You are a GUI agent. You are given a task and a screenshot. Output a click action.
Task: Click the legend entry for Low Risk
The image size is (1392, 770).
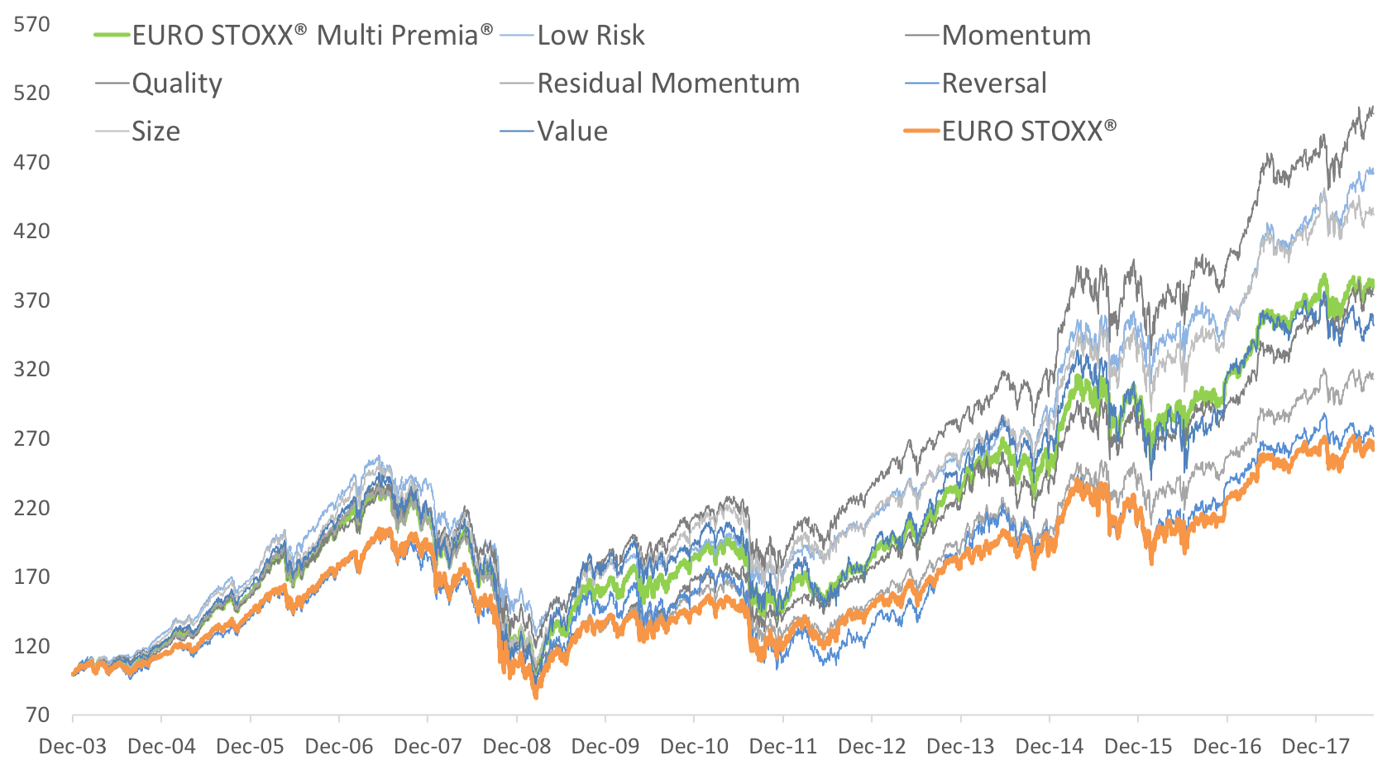pos(591,36)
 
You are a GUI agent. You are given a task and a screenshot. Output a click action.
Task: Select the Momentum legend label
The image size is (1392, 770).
pos(1016,36)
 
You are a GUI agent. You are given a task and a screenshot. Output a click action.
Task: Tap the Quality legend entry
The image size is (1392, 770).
pos(177,84)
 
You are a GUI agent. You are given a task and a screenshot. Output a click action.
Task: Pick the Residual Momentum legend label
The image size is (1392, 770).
pos(668,84)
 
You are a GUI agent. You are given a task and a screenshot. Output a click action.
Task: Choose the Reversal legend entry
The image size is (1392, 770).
pos(993,84)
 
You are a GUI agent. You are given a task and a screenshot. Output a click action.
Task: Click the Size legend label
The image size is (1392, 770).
pos(155,132)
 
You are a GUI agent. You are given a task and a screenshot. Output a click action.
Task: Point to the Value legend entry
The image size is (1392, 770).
pos(572,132)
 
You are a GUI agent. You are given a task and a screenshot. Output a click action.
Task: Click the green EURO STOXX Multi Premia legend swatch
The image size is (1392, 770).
pos(112,36)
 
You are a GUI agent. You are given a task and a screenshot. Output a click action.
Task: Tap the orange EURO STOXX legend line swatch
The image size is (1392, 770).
pos(922,132)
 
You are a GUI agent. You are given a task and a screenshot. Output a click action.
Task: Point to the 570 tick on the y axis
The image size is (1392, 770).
pos(31,24)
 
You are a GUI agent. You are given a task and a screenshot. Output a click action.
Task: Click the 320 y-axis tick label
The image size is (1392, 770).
pos(31,369)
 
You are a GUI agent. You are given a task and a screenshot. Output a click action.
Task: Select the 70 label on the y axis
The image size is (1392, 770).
pos(37,715)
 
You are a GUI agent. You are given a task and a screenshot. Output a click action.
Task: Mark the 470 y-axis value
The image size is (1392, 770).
pos(31,162)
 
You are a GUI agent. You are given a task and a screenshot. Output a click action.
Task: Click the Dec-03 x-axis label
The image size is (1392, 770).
pos(73,746)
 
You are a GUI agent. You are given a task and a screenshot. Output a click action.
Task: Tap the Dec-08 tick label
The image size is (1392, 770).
pos(516,746)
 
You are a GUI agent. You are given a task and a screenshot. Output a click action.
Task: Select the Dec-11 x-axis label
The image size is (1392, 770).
pos(782,746)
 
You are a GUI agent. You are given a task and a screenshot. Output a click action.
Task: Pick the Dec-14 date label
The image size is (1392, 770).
pos(1049,746)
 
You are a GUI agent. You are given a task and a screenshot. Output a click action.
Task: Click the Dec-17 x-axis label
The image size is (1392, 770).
pos(1315,746)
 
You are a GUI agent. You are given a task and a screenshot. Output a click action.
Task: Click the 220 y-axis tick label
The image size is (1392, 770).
pos(31,508)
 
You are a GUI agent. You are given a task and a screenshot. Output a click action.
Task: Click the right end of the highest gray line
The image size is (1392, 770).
pos(1373,108)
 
